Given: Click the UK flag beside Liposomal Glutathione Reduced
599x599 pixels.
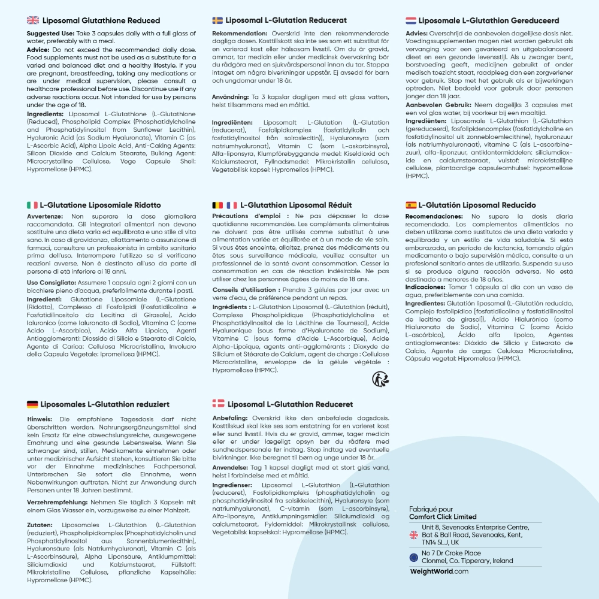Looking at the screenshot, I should tap(33, 20).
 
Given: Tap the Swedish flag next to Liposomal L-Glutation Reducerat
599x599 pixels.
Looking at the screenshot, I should tap(217, 20).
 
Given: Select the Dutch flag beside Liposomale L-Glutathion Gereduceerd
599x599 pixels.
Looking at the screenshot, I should tap(411, 20).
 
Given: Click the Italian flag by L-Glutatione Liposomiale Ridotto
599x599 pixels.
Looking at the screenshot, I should tap(32, 205).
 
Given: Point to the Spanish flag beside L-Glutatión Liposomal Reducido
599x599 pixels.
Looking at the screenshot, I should tap(411, 205).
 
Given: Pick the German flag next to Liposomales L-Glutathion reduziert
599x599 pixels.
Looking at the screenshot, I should tap(32, 404).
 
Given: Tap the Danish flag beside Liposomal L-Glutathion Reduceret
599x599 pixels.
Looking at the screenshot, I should tap(218, 404).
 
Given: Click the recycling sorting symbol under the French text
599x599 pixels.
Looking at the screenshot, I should tap(380, 379).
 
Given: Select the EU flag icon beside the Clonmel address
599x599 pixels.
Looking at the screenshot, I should tap(413, 557).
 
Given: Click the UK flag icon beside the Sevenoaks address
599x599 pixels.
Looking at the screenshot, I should tap(413, 535).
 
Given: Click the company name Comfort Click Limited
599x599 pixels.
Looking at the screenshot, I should tap(443, 517).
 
